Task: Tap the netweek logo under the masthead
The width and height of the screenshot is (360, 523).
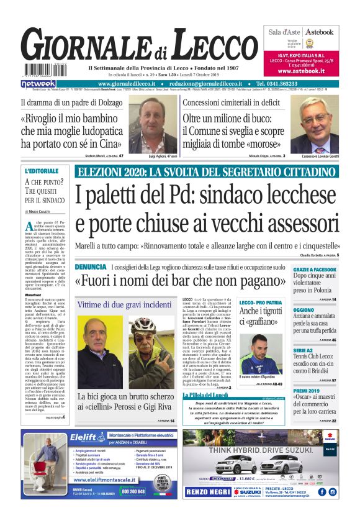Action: pos(38,83)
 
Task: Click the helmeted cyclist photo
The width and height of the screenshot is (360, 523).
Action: pos(144,350)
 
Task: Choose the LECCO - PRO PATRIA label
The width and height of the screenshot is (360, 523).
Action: pos(260,302)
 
